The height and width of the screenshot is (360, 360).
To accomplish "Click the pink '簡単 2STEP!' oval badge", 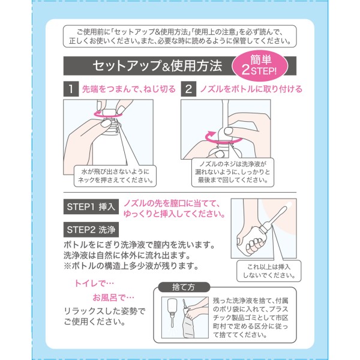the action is [x=260, y=66].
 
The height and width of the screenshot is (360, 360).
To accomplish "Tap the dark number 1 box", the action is [x=71, y=89].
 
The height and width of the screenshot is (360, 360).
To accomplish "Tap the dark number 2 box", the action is [x=188, y=89].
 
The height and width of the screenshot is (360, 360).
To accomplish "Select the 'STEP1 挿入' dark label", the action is [x=91, y=206].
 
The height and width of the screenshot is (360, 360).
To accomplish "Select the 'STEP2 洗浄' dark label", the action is [x=91, y=230].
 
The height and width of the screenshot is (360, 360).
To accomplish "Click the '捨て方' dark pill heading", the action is [x=184, y=287].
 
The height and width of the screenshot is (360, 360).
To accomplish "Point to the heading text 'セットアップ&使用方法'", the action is [x=157, y=66].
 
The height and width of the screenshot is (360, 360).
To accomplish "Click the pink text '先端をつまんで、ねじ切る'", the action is [x=129, y=89].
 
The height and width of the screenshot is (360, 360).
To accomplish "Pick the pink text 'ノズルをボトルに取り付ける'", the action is [x=251, y=89].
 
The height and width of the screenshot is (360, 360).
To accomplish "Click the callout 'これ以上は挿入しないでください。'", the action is [x=269, y=271].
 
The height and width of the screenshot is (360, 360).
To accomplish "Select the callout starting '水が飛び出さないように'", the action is [x=115, y=176].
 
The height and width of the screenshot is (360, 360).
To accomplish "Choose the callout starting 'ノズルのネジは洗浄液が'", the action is [x=233, y=172].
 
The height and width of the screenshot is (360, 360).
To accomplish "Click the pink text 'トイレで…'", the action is [x=94, y=284].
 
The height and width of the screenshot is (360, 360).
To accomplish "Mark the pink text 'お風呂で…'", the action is [x=113, y=298].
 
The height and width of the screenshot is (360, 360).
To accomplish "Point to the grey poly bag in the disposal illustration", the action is [x=190, y=326].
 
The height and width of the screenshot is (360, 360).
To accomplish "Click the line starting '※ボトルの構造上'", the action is [x=131, y=266].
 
